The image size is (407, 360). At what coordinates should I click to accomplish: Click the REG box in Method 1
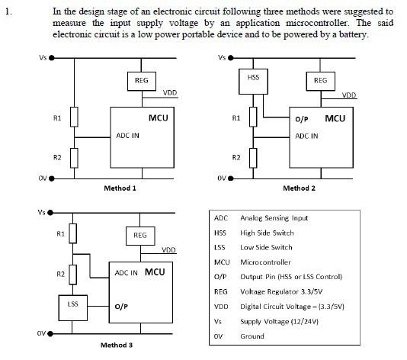[140, 80]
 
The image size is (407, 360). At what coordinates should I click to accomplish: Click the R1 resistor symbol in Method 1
[73, 117]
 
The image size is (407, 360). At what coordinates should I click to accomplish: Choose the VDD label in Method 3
[169, 249]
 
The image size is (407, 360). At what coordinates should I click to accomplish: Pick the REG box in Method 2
[320, 80]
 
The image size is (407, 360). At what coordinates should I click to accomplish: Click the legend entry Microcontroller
[266, 262]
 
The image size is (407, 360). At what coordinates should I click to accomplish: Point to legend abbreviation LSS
[220, 247]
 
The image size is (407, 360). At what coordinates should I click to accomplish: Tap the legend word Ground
[252, 336]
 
